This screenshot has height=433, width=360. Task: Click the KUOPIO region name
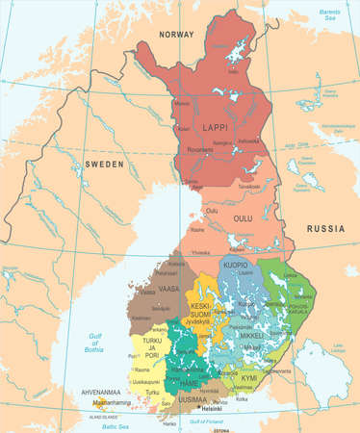click(x=236, y=264)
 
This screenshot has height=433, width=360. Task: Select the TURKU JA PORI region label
click(x=150, y=345)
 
